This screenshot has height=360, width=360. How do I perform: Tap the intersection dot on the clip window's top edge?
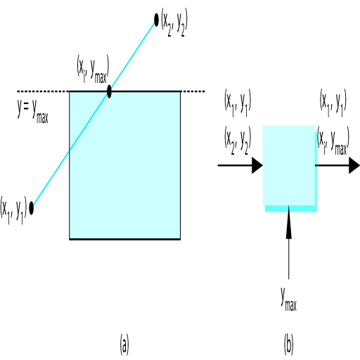[109, 91]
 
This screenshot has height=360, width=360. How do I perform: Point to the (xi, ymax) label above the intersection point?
[93, 70]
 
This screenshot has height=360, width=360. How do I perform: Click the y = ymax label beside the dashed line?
[33, 111]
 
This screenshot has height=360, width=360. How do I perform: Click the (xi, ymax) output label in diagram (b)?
[333, 141]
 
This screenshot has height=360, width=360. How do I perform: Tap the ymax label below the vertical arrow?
[289, 300]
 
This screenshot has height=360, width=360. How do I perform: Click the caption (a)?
[124, 345]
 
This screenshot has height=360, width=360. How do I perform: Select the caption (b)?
[288, 345]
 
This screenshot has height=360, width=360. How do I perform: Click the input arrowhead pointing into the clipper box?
[257, 165]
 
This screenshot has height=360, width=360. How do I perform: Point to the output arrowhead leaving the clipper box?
[354, 165]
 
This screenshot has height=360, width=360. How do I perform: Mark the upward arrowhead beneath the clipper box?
[289, 222]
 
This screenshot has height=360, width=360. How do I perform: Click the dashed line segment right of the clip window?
[193, 91]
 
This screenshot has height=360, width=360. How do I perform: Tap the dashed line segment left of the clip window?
[43, 91]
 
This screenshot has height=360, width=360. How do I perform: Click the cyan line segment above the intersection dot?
[133, 56]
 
